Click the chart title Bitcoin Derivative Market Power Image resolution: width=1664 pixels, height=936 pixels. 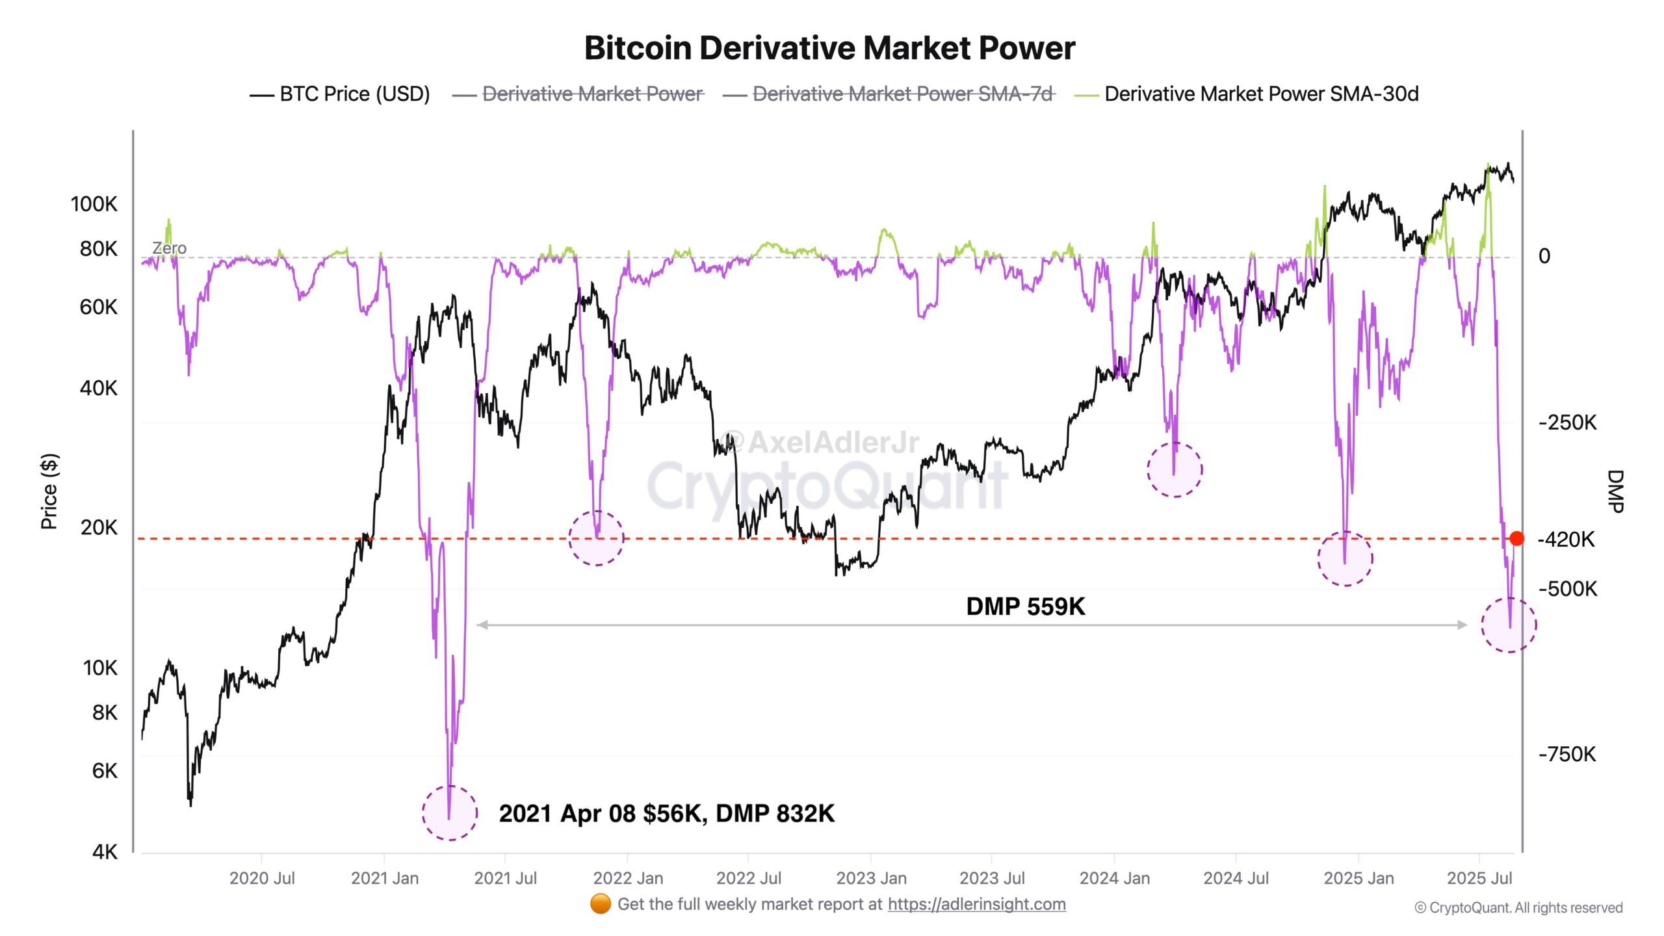(829, 48)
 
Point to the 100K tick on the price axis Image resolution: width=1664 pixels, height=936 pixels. (94, 204)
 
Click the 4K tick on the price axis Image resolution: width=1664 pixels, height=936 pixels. (105, 851)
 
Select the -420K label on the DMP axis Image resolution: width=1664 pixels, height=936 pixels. (1566, 539)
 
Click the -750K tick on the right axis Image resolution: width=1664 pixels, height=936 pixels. (1566, 754)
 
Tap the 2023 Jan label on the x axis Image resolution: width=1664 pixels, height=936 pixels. (871, 878)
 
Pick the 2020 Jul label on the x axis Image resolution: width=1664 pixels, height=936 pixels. (262, 878)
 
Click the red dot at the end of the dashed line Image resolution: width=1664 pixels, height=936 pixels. (1516, 538)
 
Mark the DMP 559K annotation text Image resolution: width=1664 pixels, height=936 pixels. (1025, 606)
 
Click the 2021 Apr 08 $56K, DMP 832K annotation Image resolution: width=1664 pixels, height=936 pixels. (666, 813)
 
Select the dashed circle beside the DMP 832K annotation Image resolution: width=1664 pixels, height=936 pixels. (450, 812)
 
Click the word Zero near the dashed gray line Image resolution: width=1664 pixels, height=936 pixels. (169, 248)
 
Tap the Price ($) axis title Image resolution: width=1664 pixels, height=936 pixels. (49, 491)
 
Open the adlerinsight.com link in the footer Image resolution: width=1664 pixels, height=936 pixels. (976, 904)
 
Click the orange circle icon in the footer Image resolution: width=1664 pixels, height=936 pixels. (600, 903)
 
